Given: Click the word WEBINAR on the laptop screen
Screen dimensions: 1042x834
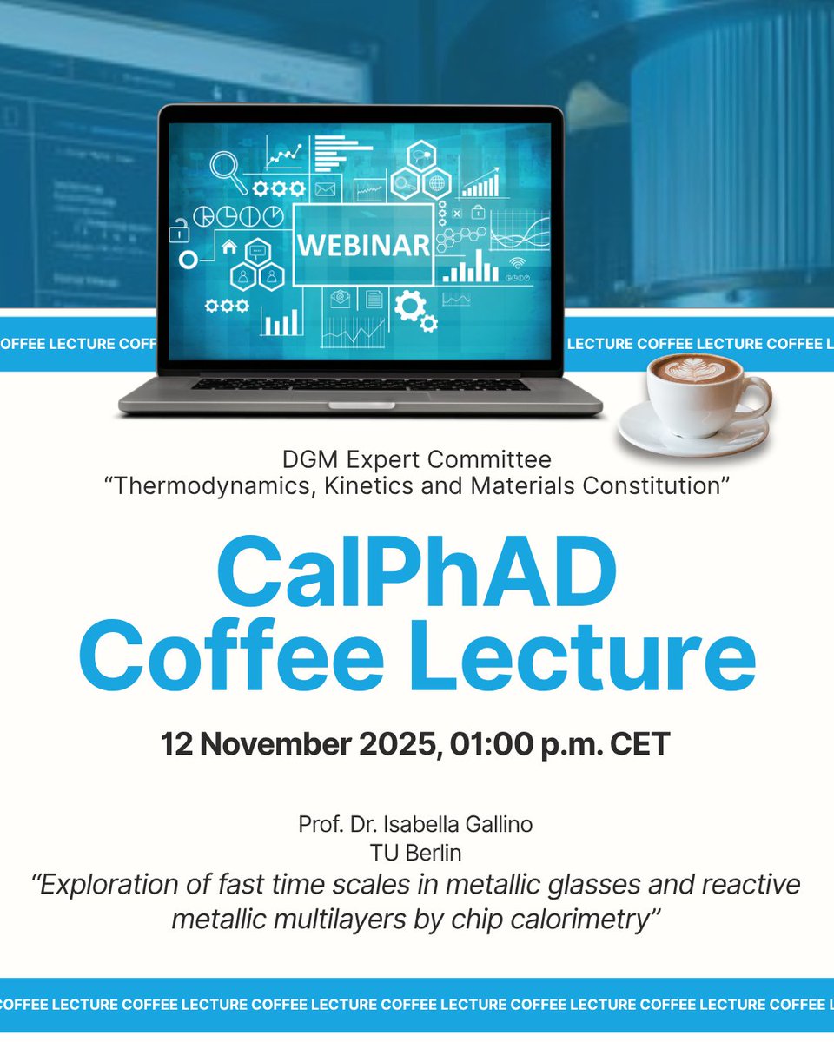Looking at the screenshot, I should click(x=363, y=245).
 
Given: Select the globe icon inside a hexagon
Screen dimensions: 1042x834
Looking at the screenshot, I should click(x=436, y=183).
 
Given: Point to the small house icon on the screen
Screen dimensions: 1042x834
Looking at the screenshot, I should click(x=229, y=247).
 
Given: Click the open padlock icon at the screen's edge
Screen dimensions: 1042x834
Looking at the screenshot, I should click(x=179, y=231).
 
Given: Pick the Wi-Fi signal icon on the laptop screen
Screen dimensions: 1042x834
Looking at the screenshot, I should click(x=519, y=263).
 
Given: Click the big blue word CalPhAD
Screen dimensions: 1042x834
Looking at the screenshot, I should click(x=417, y=572).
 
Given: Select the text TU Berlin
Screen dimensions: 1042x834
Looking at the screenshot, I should click(x=417, y=854).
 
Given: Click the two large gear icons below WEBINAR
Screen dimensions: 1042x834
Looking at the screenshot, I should click(x=414, y=310).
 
